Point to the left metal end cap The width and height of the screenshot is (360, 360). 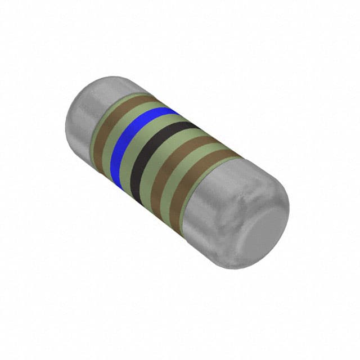coord(84,112)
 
